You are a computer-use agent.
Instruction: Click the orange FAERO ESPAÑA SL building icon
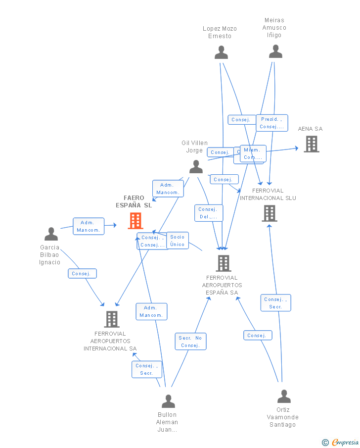pos(135,221)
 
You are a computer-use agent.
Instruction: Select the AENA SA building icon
pos(311,144)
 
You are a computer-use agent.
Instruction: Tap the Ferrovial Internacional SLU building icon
pos(269,213)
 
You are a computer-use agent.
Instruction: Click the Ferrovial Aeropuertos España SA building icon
pos(224,263)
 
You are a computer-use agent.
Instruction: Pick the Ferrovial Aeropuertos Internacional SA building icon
pos(112,319)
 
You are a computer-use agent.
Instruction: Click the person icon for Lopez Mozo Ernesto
pos(221,52)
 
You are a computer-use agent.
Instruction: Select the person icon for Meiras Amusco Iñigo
pos(275,51)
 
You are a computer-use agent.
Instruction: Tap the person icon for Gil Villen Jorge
pos(196,166)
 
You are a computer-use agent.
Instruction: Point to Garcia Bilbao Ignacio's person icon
pos(51,234)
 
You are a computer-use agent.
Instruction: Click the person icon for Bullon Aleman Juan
pos(168,401)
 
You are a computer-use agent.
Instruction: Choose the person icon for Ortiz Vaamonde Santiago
pos(284,397)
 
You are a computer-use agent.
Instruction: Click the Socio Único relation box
pos(177,241)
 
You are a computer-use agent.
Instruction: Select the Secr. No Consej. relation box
pos(190,342)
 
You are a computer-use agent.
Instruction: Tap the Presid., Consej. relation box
pos(271,123)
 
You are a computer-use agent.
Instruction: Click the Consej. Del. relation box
pos(208,213)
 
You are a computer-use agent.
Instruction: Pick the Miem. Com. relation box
pos(253,153)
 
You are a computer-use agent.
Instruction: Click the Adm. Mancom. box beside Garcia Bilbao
pos(89,226)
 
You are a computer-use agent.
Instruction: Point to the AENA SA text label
pos(310,129)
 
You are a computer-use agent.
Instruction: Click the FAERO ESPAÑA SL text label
pos(134,201)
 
